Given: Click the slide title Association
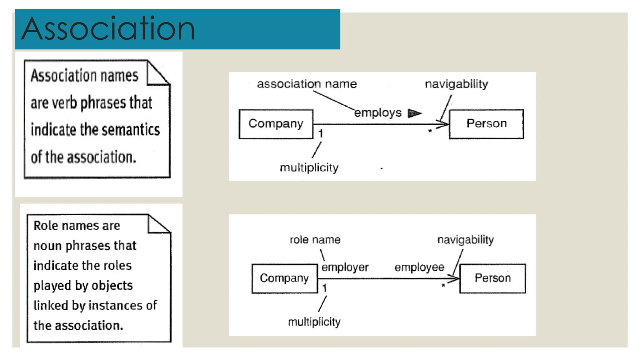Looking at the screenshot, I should pos(108,29).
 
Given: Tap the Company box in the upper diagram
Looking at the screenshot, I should pos(276,124).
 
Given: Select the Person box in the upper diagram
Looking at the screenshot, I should pos(486,124).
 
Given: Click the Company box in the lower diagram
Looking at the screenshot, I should pos(284,278).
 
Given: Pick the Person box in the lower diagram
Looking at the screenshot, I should pos(492,278).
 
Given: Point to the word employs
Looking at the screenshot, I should pos(377,113).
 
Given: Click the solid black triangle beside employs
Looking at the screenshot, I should pos(414,113).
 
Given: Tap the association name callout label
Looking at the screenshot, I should pos(307,84).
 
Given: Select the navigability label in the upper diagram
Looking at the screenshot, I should pos(456,84).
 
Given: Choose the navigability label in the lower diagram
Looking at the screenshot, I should pos(465,240).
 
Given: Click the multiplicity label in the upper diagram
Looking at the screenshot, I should pos(309,168).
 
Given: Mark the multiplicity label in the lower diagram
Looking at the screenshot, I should pos(314,322).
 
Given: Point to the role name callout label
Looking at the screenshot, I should pos(315,240).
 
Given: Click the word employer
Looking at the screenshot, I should pos(345,267).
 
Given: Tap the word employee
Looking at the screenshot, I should pos(419,267).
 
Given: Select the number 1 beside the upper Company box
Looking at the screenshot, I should pos(320,134).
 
